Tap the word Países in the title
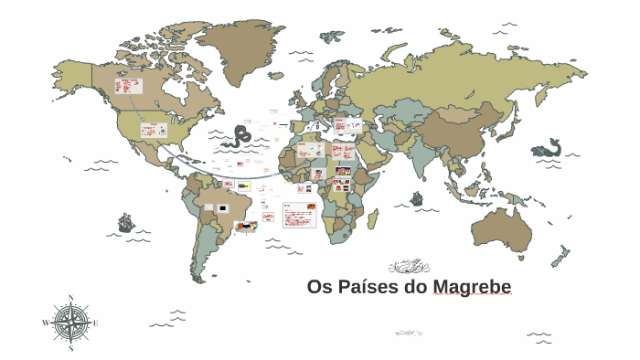pos(365,288)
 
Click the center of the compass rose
pos(70,323)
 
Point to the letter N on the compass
pos(70,298)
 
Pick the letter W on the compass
pos(46,323)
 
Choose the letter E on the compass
pos(95,323)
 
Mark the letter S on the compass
pos(70,348)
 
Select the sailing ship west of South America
pos(125,222)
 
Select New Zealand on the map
pos(560,257)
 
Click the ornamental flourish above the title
pos(409,267)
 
